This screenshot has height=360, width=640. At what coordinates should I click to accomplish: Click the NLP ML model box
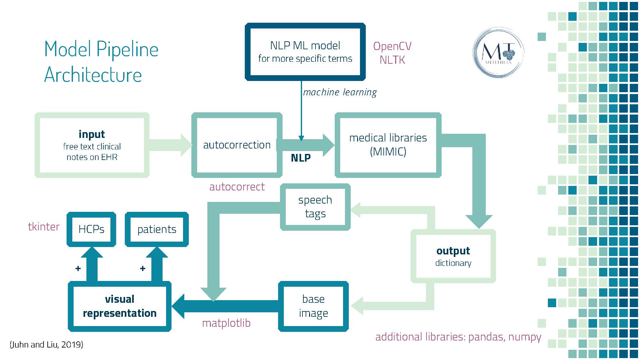305,52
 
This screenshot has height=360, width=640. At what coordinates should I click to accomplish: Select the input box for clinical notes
92,145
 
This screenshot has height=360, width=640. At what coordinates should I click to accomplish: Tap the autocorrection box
237,145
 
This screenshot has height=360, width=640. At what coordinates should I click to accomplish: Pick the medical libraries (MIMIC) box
388,145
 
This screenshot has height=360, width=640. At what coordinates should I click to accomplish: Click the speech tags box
315,207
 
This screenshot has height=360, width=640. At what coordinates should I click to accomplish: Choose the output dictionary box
453,256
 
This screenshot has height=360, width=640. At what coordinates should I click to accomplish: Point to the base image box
313,306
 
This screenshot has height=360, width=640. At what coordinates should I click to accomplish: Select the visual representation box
120,306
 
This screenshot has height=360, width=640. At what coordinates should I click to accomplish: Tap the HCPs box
91,229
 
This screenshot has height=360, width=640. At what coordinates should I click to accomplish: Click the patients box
157,229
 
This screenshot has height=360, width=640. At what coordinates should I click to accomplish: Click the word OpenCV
392,46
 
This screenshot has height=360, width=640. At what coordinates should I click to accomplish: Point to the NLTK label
392,60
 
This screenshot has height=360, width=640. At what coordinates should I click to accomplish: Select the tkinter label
44,227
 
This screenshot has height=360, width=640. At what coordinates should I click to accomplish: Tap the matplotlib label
226,323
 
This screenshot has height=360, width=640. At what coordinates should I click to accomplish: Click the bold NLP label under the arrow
300,158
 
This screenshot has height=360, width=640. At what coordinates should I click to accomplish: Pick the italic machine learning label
340,92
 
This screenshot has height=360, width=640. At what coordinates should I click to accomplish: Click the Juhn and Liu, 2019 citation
47,344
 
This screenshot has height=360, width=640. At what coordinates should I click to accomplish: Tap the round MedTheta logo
498,52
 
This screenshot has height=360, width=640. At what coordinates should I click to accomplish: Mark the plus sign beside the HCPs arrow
78,268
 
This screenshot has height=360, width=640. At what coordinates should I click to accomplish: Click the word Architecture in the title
93,75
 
